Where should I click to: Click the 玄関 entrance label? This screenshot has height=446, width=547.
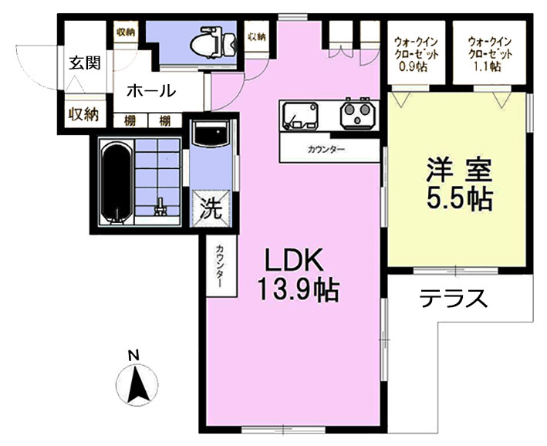pos(84,63)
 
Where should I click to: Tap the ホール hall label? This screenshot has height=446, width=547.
pos(150,91)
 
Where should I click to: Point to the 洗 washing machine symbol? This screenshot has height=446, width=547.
pos(211,208)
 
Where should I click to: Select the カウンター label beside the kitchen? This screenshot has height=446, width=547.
pos(325,149)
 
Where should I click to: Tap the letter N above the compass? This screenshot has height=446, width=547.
pos(133,355)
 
